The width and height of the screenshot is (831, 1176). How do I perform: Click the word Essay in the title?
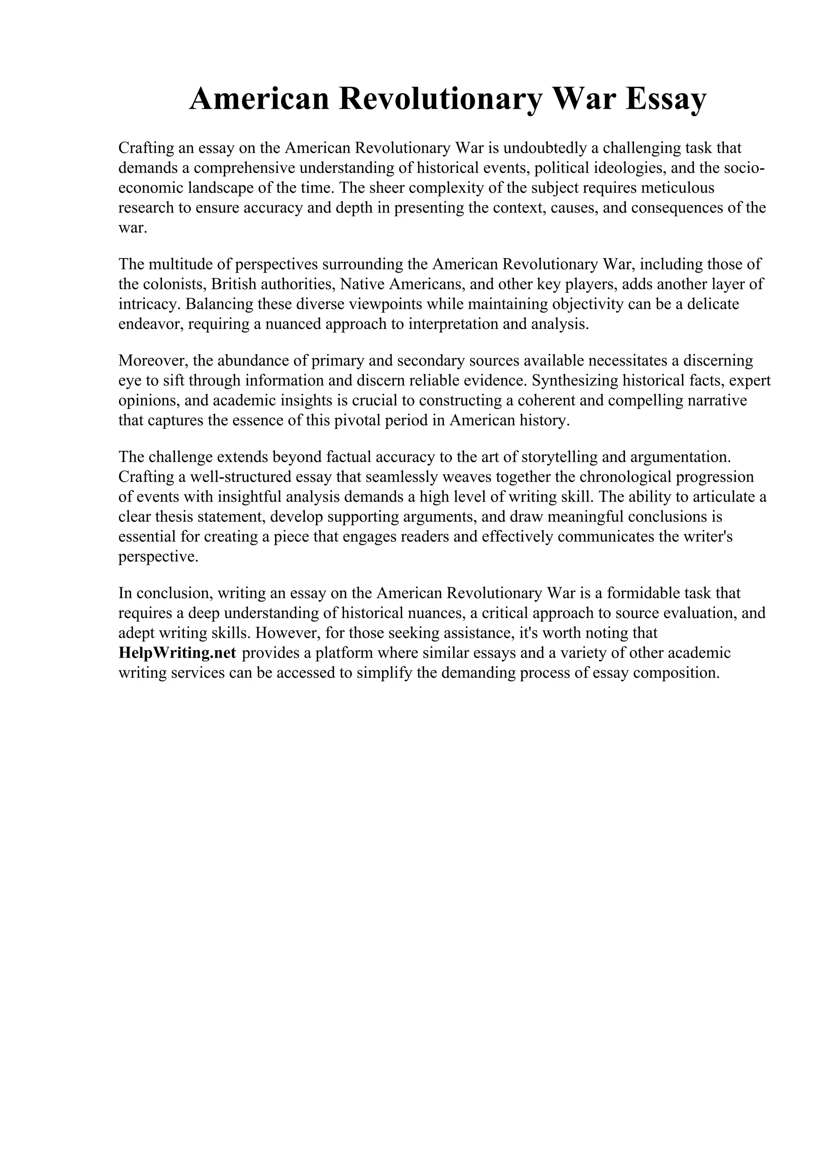[x=665, y=99]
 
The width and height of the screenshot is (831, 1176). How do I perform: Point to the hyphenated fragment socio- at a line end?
[x=743, y=168]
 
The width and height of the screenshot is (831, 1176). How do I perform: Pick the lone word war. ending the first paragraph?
[x=133, y=228]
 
